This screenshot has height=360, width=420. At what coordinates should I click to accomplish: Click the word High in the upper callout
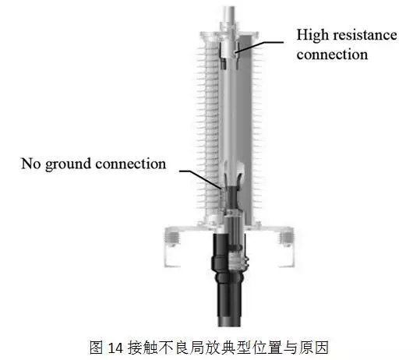(x=312, y=36)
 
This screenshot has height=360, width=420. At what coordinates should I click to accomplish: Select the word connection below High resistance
(x=332, y=55)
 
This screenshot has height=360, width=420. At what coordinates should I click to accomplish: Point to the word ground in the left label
(x=69, y=164)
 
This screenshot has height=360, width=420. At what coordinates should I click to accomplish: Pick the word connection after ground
(x=131, y=164)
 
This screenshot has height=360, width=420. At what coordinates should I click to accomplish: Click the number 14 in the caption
(x=115, y=348)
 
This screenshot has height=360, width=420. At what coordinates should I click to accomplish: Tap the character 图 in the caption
(x=96, y=348)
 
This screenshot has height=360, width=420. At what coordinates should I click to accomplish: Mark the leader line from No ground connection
(x=201, y=178)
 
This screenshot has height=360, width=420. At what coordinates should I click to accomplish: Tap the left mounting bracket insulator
(x=172, y=238)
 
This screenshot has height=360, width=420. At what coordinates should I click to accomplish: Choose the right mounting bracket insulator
(x=286, y=238)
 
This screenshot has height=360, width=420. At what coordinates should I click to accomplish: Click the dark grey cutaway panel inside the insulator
(x=245, y=129)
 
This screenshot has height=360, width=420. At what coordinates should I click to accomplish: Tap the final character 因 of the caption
(x=322, y=348)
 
